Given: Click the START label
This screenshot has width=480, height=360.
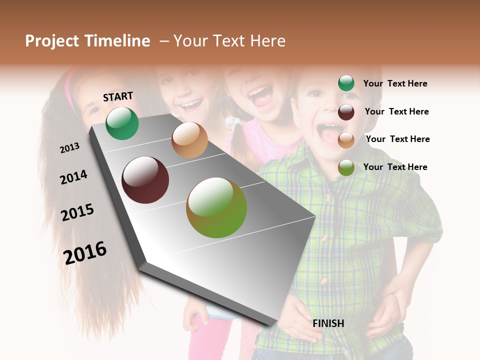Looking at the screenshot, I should pos(118,96).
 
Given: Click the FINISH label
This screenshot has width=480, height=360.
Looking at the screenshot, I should pos(328,323).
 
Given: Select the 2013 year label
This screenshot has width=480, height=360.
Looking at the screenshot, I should pos(69,148).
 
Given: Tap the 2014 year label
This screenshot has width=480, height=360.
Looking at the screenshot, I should pos(73,177).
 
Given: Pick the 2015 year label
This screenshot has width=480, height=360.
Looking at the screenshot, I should pos(77,212).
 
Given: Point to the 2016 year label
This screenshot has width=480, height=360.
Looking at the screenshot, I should pos(85,252).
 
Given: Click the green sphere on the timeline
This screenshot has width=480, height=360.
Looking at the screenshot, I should pos(122,123).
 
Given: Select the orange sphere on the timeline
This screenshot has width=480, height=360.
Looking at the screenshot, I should pos(189,140).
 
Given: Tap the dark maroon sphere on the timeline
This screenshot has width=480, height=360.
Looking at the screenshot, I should pos(145,180).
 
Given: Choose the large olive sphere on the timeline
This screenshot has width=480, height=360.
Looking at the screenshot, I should pos(216,207).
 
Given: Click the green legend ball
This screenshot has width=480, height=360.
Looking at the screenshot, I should pos(346,83).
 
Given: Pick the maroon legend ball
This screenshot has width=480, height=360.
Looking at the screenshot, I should pos(346,112).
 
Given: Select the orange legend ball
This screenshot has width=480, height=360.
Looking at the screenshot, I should pos(346,140).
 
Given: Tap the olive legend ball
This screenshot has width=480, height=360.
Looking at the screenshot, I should pos(346,167).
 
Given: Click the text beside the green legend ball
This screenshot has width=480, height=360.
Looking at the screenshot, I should pos(395,83).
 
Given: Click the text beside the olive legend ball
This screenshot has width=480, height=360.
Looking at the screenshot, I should pos(395,167).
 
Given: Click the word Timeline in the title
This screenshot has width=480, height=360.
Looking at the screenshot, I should pos(117,41).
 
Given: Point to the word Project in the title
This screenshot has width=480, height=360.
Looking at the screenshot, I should pos(52,41).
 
